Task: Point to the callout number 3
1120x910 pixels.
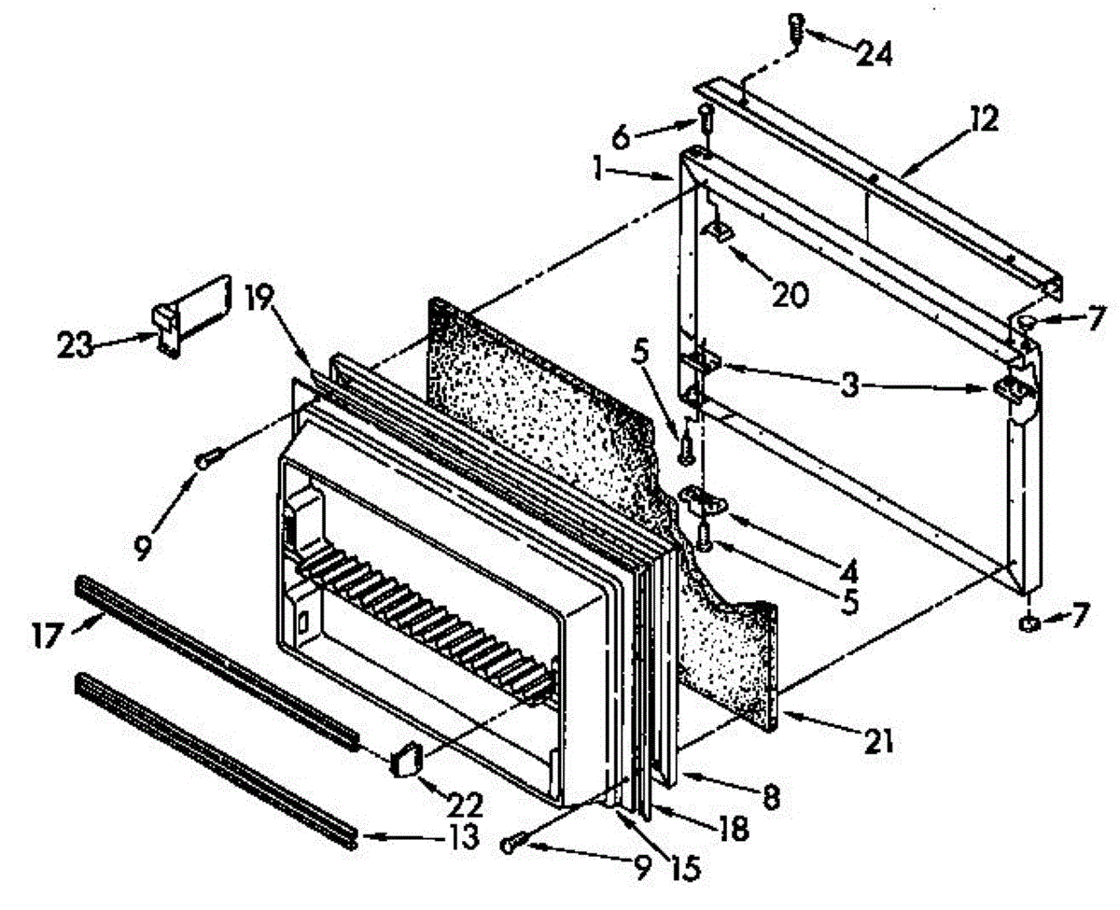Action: pyautogui.click(x=848, y=385)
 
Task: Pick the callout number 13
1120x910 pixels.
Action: pyautogui.click(x=461, y=836)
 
